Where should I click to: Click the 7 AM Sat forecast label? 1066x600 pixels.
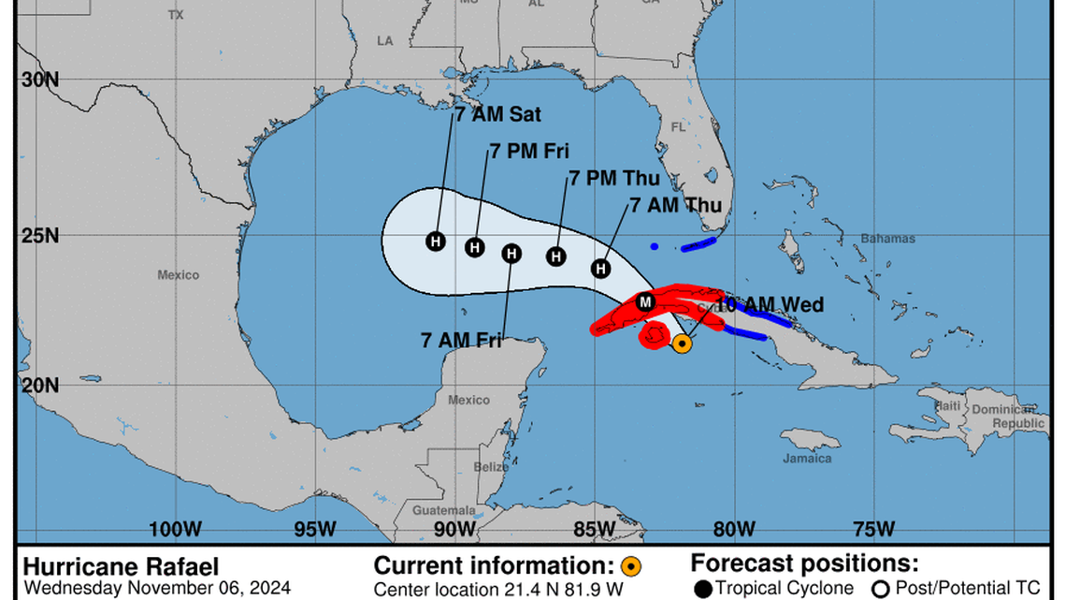(x=498, y=116)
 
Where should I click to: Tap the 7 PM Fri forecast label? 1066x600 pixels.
(x=529, y=152)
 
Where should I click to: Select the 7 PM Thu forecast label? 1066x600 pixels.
(x=614, y=179)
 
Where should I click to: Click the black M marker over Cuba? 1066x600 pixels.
(x=644, y=301)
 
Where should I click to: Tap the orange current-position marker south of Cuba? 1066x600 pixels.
(x=683, y=344)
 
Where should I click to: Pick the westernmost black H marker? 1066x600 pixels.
(x=435, y=241)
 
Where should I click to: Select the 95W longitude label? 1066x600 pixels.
(x=315, y=529)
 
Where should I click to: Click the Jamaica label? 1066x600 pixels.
(x=807, y=459)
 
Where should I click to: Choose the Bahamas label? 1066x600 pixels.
(x=888, y=239)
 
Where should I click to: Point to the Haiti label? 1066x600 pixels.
(x=949, y=405)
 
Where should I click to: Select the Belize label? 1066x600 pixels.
(x=491, y=467)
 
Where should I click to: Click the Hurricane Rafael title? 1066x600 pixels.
(x=121, y=567)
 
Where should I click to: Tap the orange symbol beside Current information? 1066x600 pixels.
(x=631, y=565)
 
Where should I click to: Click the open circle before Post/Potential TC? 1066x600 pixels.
(x=880, y=588)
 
